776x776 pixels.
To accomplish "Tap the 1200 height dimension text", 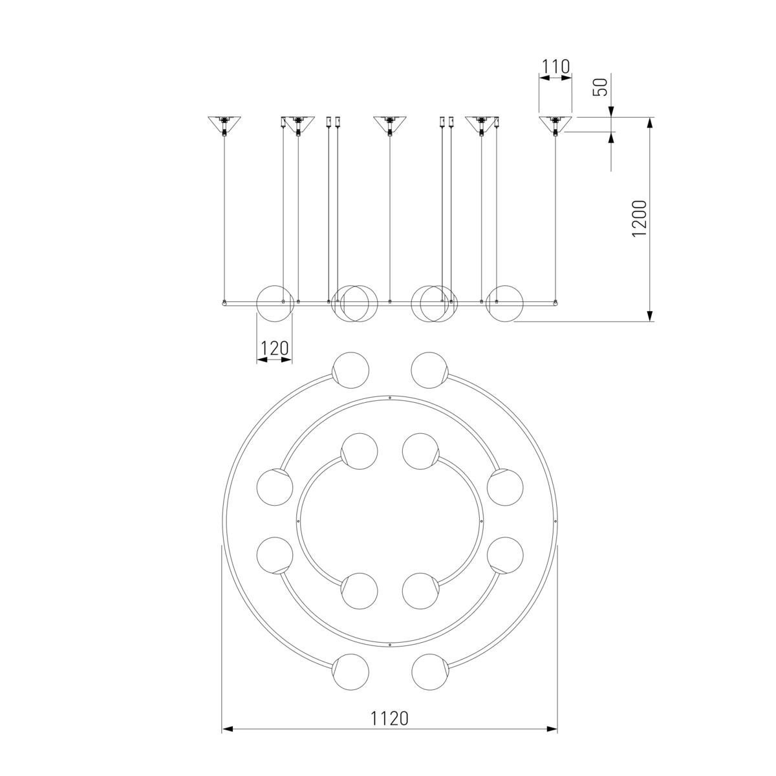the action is click(639, 219).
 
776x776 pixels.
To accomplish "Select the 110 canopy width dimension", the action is click(555, 67).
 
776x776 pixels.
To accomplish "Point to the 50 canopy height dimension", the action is click(600, 87).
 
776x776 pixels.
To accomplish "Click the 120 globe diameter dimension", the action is click(275, 348).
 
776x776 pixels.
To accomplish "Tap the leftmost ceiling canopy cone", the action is click(224, 124).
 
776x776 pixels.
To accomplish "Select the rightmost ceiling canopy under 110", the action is click(555, 124).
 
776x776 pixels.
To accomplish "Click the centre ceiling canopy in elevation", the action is click(389, 124).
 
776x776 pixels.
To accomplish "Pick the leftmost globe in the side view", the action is click(275, 304).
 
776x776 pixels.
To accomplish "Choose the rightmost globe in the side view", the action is click(505, 304).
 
